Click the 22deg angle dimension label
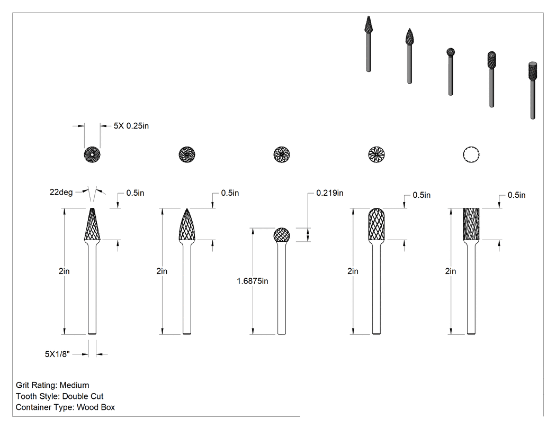click(x=61, y=193)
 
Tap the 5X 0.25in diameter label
click(x=131, y=126)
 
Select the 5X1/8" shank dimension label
click(x=57, y=354)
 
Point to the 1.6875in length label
click(x=253, y=281)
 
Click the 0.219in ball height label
click(x=330, y=193)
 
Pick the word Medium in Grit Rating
click(x=75, y=385)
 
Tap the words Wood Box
click(x=96, y=407)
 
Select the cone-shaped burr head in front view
click(x=92, y=224)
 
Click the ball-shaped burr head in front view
click(x=282, y=235)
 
